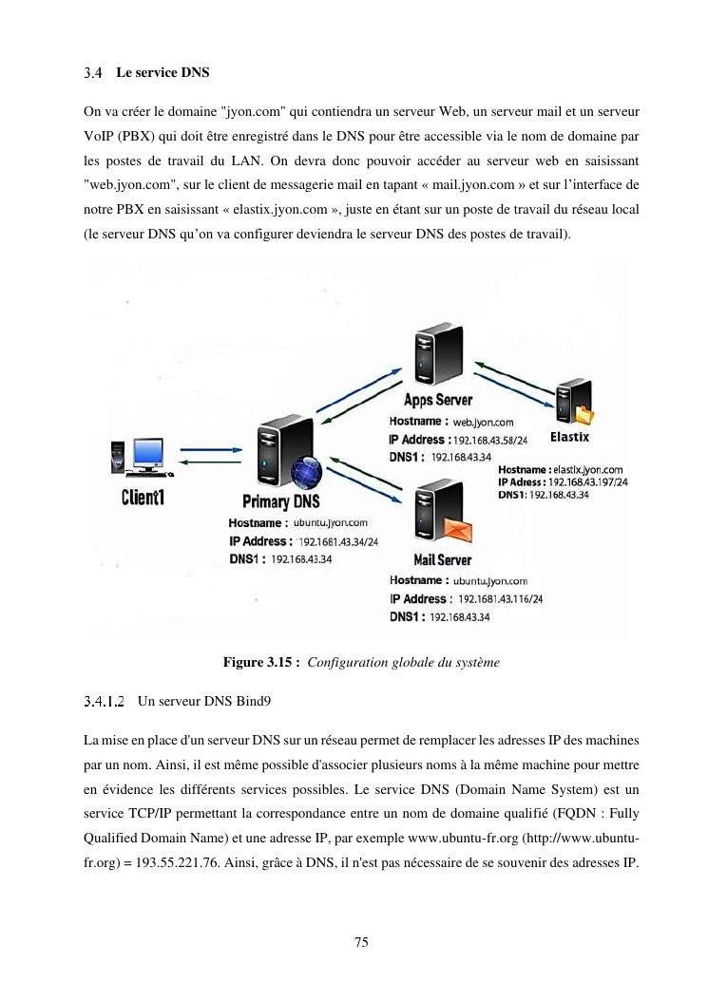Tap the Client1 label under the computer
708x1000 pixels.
tap(142, 497)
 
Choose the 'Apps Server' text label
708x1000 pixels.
tap(438, 400)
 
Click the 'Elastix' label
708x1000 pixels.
tap(570, 437)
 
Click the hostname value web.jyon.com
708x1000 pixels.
tap(483, 422)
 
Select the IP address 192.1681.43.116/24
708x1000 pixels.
tap(500, 599)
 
